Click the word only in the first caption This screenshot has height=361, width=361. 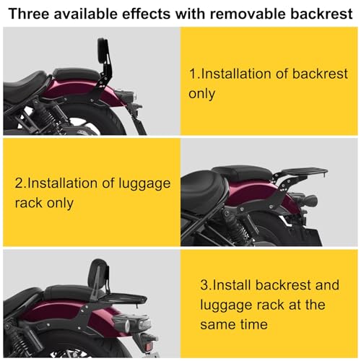pos(201,94)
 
